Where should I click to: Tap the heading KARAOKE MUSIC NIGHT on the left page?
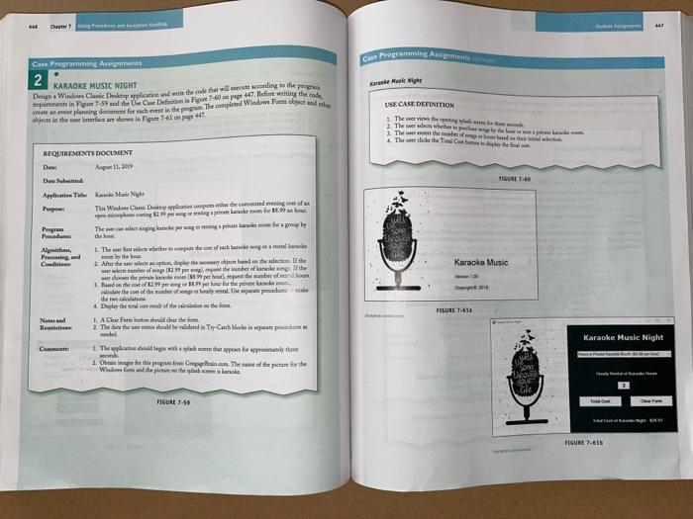tap(99, 86)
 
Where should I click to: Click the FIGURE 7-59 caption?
tap(179, 403)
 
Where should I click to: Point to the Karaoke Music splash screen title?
tap(481, 262)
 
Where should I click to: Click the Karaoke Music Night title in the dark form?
tap(624, 337)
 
